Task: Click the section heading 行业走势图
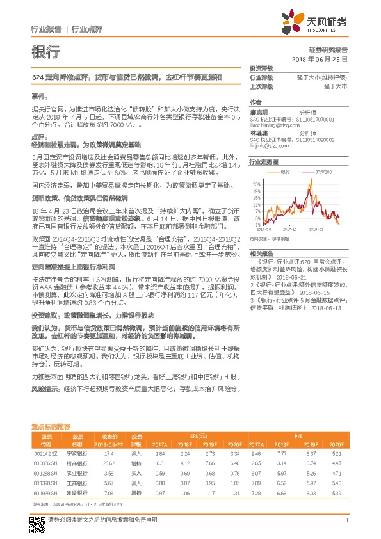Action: (264, 163)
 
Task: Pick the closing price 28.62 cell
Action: (108, 463)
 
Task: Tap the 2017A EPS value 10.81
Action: (161, 463)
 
